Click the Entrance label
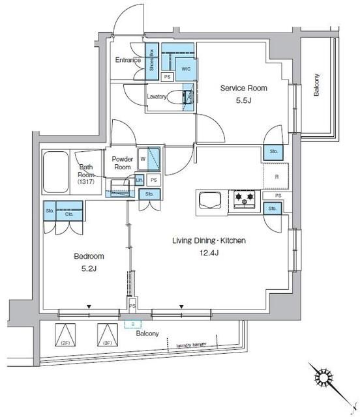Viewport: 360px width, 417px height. (x=128, y=61)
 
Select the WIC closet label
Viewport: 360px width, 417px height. (x=186, y=68)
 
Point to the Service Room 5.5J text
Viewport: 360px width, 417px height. (x=243, y=94)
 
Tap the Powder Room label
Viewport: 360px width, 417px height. (x=122, y=163)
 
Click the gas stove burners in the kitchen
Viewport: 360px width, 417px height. (x=245, y=198)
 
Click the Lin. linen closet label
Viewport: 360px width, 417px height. (x=139, y=179)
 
